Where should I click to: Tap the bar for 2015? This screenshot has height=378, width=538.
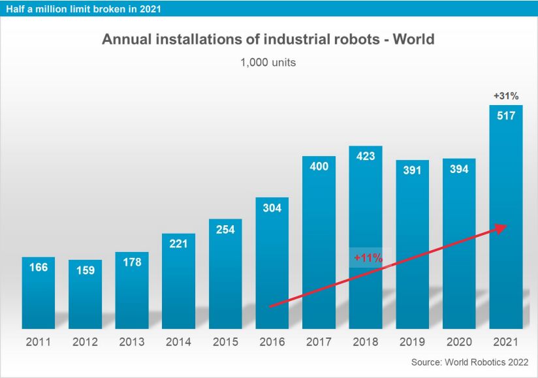(x=225, y=274)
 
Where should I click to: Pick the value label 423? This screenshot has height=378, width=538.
(x=366, y=157)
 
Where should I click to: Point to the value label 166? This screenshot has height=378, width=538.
(x=39, y=267)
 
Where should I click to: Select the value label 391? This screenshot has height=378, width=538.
(x=413, y=170)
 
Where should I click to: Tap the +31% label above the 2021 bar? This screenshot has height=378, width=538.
(x=506, y=96)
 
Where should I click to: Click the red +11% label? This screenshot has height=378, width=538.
(x=368, y=258)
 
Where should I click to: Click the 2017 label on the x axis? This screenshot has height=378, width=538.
(x=319, y=342)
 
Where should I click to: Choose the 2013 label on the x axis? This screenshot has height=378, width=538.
(x=132, y=342)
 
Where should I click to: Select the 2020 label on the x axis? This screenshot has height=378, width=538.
(x=459, y=342)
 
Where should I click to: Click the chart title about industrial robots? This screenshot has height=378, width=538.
(x=268, y=39)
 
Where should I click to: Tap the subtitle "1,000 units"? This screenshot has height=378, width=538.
(x=268, y=63)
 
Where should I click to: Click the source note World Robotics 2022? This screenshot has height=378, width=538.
(x=469, y=362)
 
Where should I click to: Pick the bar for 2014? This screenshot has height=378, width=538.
(x=178, y=284)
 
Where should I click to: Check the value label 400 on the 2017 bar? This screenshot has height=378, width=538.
(x=319, y=166)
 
